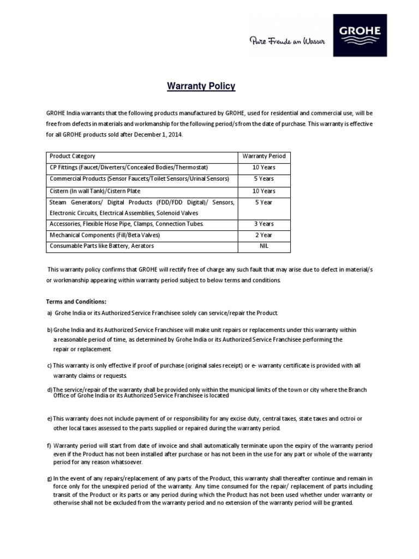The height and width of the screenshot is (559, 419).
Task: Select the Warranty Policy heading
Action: coord(201,86)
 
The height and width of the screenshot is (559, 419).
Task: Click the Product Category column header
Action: coord(73,156)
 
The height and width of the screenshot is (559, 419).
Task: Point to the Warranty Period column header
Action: coord(264,156)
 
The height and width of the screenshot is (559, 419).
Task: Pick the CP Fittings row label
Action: coord(129,167)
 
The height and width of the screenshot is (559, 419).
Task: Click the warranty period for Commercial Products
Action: coord(264,179)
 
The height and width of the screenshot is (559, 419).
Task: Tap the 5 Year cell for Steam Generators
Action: coord(264,202)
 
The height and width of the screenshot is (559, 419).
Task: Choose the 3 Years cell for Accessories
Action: coord(264,224)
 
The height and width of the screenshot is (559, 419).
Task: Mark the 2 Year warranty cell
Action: coord(264,235)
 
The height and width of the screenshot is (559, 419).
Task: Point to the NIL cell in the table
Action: coord(264,246)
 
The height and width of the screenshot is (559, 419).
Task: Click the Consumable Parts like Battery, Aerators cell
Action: coord(102,246)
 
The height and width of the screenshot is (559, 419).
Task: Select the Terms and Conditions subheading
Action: coord(76,301)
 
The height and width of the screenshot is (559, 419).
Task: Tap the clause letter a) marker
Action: coord(50,313)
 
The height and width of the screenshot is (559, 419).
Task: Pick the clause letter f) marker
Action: coord(49,445)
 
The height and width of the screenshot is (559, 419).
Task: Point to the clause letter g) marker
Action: coord(50,478)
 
